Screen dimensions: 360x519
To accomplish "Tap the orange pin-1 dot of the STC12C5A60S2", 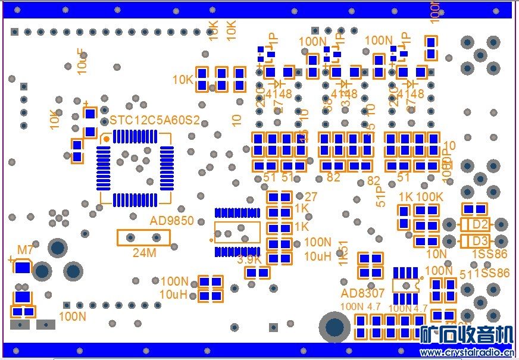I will click(107, 139).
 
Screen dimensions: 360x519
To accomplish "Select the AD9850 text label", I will click(172, 221).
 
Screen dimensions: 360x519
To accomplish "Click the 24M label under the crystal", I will click(144, 253).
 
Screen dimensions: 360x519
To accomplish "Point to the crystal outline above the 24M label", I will click(143, 238).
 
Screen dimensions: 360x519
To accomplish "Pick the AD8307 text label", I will click(363, 293).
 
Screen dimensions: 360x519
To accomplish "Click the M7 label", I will click(26, 249).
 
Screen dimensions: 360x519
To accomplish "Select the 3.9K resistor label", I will click(249, 259).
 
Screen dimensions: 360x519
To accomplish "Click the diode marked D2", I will click(474, 225).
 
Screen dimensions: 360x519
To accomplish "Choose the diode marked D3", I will click(474, 241).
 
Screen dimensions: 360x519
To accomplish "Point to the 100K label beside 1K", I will click(429, 197).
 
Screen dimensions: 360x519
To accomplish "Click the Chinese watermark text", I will click(467, 335).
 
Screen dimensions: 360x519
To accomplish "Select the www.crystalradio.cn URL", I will click(467, 352).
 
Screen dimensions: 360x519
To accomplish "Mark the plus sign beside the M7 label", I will click(11, 259).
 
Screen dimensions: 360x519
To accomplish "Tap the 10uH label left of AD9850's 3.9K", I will click(173, 294).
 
